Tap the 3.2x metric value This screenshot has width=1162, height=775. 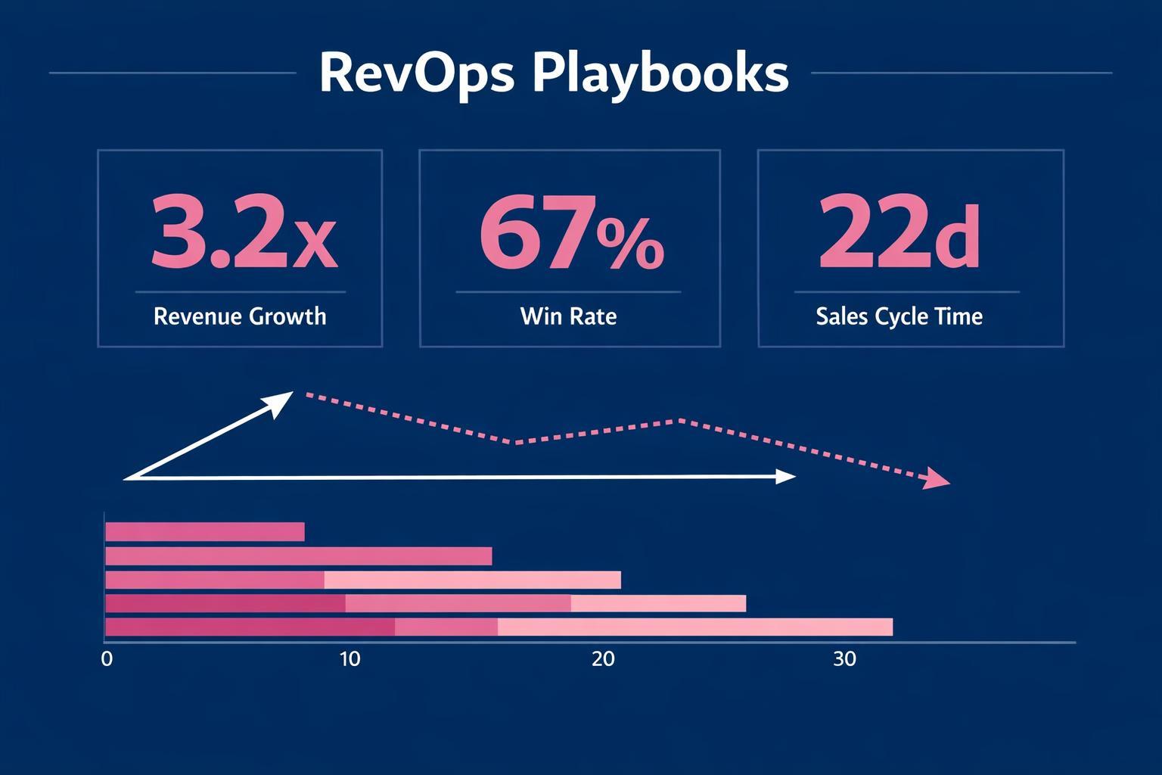click(243, 233)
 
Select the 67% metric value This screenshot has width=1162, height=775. click(571, 233)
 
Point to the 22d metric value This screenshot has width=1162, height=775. click(899, 233)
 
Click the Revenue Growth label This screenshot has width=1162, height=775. click(240, 316)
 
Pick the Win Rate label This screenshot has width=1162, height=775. click(568, 316)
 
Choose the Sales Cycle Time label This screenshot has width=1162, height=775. click(899, 316)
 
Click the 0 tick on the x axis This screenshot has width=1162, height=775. click(107, 659)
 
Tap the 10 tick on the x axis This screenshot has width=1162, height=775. click(350, 659)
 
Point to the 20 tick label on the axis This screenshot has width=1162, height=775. click(603, 659)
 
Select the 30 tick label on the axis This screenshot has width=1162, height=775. click(844, 659)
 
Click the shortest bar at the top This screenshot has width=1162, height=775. click(204, 532)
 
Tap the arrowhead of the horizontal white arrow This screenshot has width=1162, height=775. click(787, 476)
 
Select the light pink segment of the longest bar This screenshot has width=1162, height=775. click(694, 627)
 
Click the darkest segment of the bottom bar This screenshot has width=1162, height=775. click(250, 627)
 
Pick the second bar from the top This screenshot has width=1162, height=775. click(298, 556)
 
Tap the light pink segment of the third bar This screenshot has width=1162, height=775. click(472, 580)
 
